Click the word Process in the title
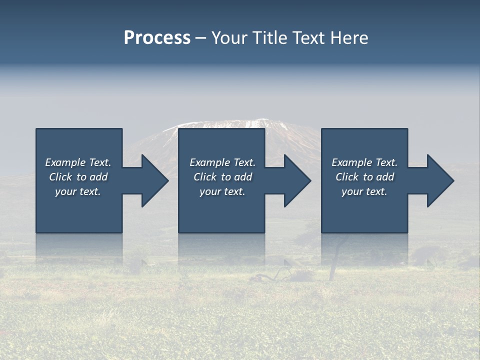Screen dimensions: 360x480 (x=157, y=38)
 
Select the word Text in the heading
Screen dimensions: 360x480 (x=307, y=38)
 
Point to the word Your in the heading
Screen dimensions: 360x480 (x=228, y=38)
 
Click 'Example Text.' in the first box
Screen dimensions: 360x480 (x=78, y=162)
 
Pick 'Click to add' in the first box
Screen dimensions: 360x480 (x=78, y=177)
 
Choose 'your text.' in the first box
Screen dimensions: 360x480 (x=78, y=191)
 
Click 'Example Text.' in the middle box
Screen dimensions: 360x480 (x=222, y=162)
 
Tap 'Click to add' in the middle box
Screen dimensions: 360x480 (x=222, y=177)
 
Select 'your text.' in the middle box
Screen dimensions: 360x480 (x=222, y=191)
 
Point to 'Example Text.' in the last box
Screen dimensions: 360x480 (x=364, y=162)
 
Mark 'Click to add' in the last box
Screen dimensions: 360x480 (x=364, y=177)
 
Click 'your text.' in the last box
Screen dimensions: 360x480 (x=364, y=191)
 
